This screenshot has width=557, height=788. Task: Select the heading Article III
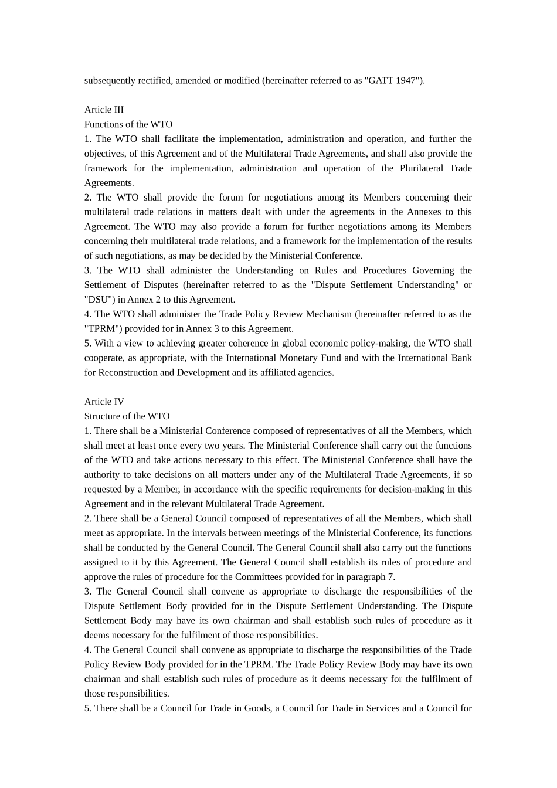(104, 110)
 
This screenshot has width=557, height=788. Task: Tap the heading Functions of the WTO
(128, 124)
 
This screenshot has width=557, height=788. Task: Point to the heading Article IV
(104, 402)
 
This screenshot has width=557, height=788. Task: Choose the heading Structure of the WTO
(127, 416)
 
